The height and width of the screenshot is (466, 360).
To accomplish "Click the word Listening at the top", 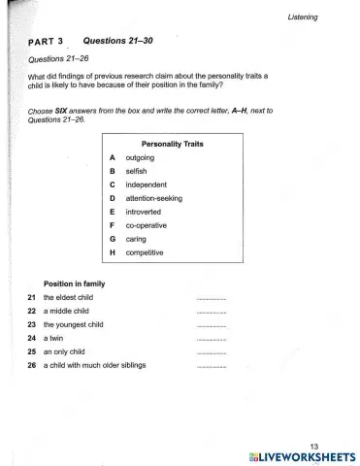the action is [320, 17].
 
